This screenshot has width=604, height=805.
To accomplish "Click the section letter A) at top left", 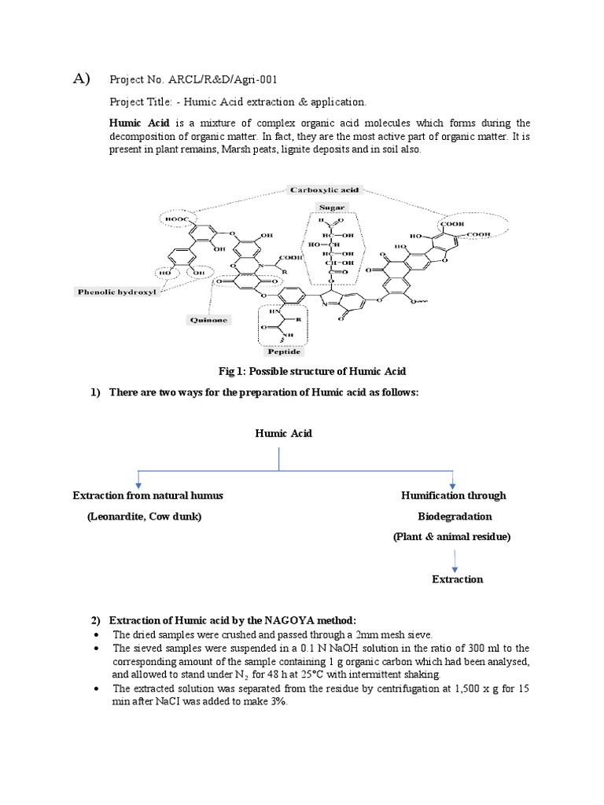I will point(82,78).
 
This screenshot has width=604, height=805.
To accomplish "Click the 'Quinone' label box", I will point(208,320).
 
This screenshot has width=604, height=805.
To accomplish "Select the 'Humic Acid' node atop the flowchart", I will point(283,433).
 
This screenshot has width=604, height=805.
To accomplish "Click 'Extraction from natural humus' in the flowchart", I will point(148,495).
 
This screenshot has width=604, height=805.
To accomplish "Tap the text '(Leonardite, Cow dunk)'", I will point(144,516).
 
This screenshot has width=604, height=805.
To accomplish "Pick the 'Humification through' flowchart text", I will point(454,495).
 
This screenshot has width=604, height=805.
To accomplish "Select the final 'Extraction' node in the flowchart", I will point(457,579).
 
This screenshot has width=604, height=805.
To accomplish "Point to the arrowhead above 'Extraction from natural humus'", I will point(139,485).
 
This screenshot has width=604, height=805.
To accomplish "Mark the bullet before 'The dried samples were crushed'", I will point(96,634).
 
